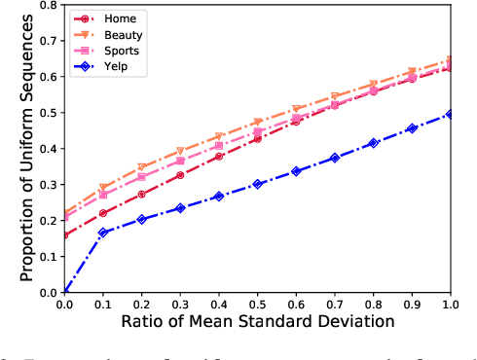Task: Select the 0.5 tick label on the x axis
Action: [258, 304]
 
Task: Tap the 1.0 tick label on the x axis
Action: [450, 304]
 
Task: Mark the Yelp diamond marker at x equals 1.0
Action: [450, 114]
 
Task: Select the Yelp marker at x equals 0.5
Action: [258, 184]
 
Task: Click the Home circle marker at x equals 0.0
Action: [65, 234]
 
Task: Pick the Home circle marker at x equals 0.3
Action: [181, 175]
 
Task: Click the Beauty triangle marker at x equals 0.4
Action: [219, 136]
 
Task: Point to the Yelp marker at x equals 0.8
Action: [373, 143]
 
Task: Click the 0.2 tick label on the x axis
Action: [142, 304]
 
